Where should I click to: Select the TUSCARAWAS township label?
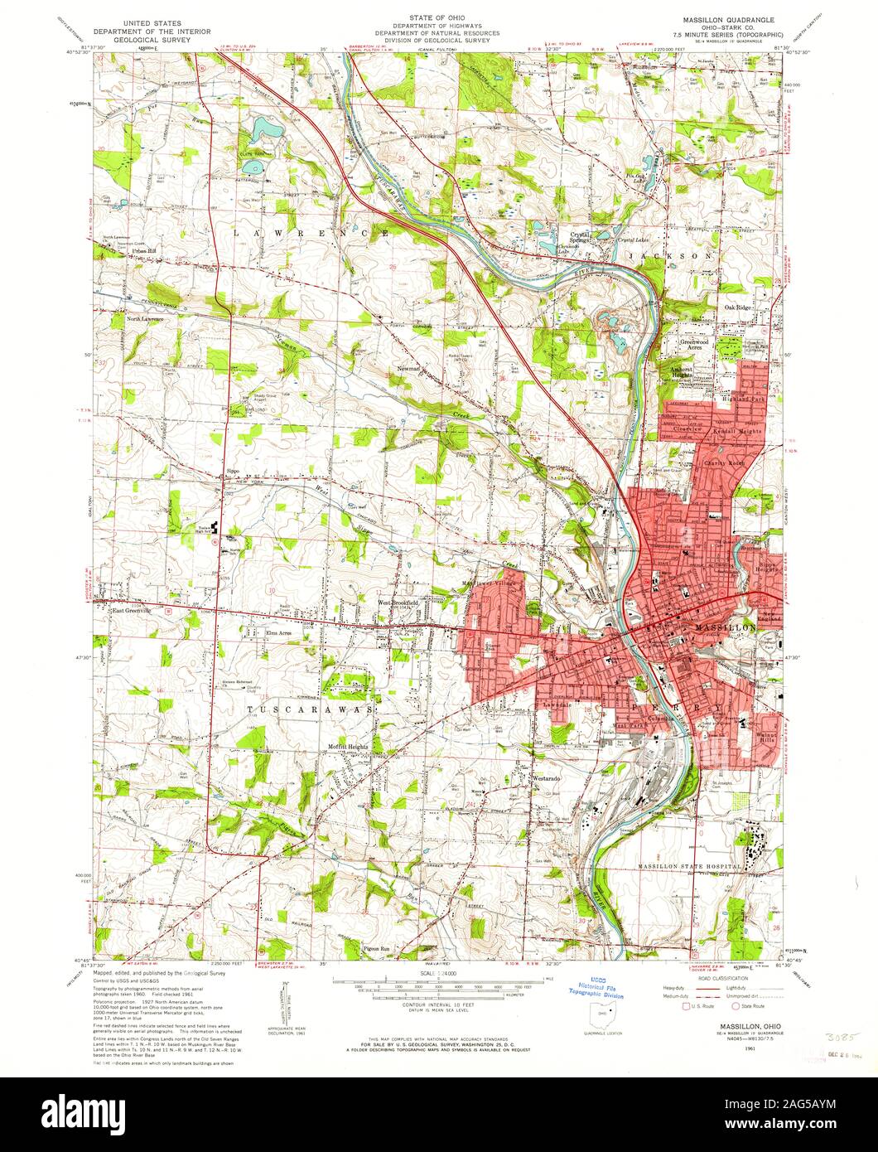[310, 710]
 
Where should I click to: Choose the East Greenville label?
[136, 610]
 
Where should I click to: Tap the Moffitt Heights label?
[347, 747]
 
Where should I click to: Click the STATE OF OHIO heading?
[440, 17]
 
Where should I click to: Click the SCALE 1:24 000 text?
[440, 975]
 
